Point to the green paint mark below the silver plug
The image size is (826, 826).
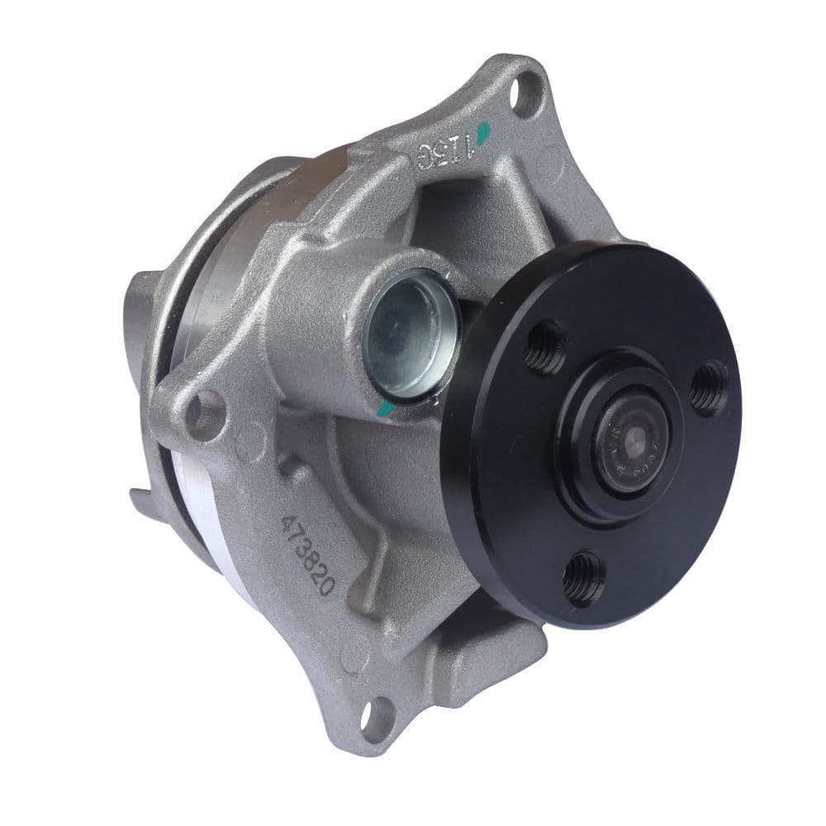pyautogui.click(x=382, y=406)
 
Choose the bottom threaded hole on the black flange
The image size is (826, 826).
pyautogui.click(x=582, y=577)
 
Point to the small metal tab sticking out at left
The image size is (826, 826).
pyautogui.click(x=142, y=499)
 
